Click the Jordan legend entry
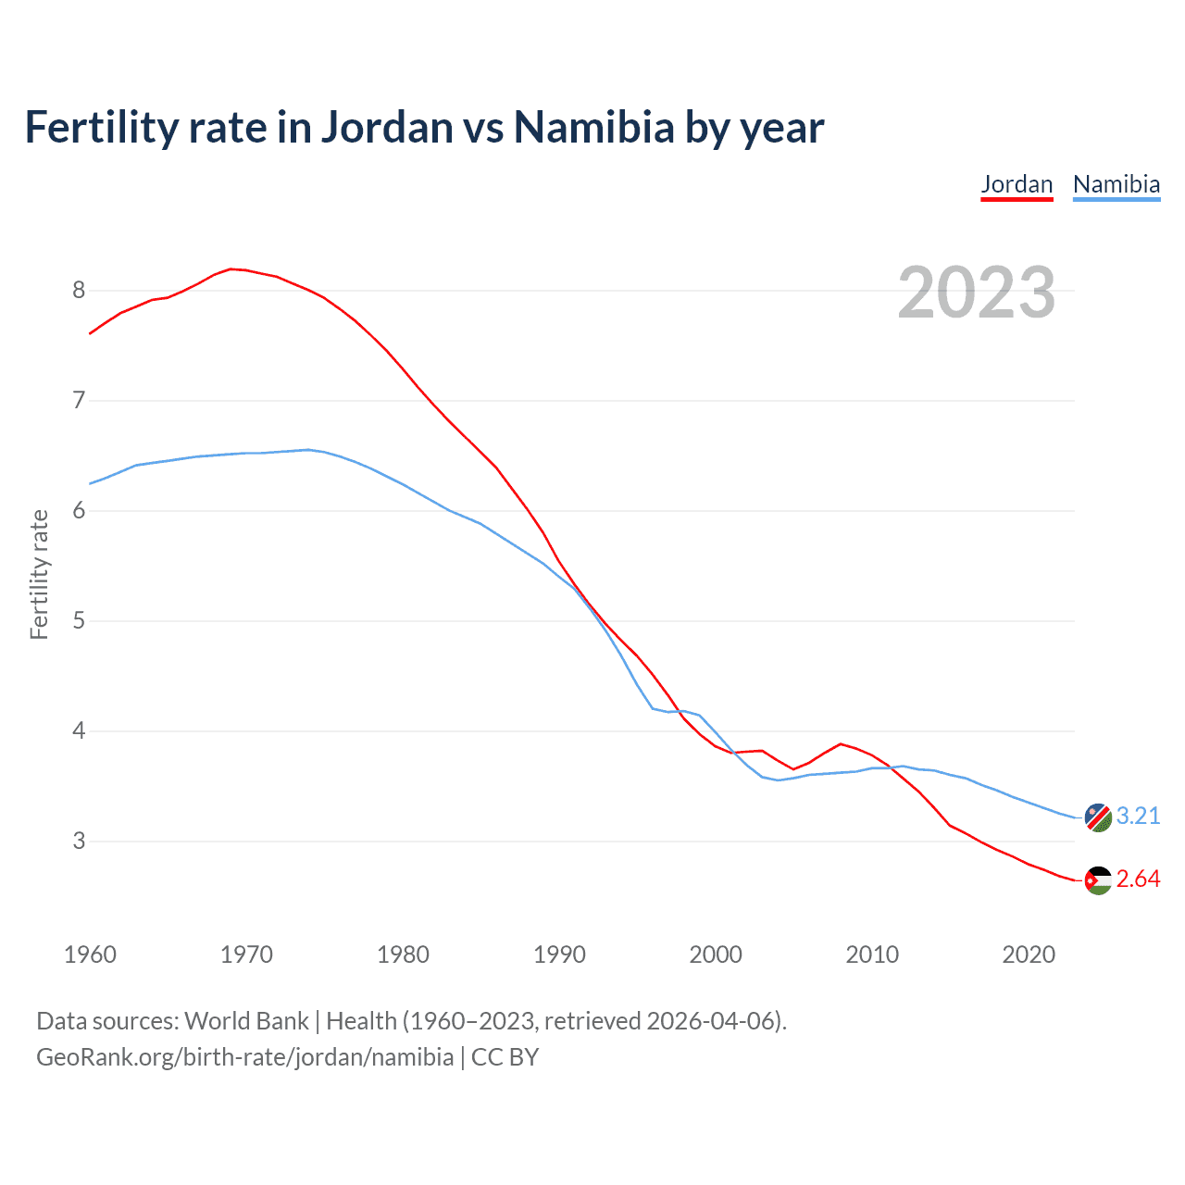(1017, 184)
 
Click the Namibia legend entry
(1116, 184)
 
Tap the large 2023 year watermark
(976, 293)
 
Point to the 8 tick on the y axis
(79, 291)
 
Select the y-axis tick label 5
(79, 621)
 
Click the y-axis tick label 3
(79, 842)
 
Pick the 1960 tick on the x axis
(90, 954)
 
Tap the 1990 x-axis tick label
(559, 954)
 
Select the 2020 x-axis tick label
(1029, 954)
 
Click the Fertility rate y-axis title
(39, 574)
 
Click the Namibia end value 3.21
(1138, 816)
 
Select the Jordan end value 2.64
(1138, 879)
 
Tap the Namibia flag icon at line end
(1098, 817)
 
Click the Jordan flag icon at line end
(1098, 880)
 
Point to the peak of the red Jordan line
(231, 268)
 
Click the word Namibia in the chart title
(594, 127)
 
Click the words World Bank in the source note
(246, 1021)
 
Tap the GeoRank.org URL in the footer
(244, 1057)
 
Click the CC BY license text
(505, 1057)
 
